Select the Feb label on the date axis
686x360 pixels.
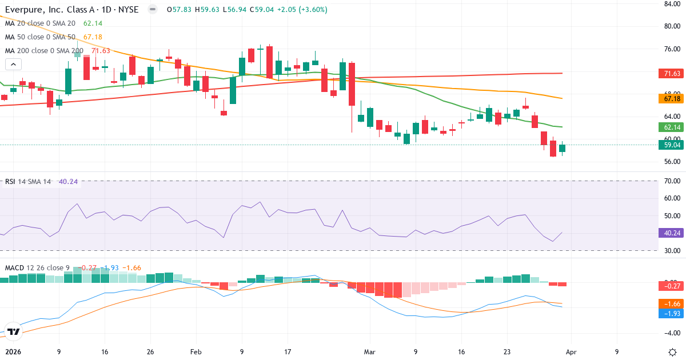196,353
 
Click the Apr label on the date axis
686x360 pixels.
571,353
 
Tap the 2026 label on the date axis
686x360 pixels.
12,353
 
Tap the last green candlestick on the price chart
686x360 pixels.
562,148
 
